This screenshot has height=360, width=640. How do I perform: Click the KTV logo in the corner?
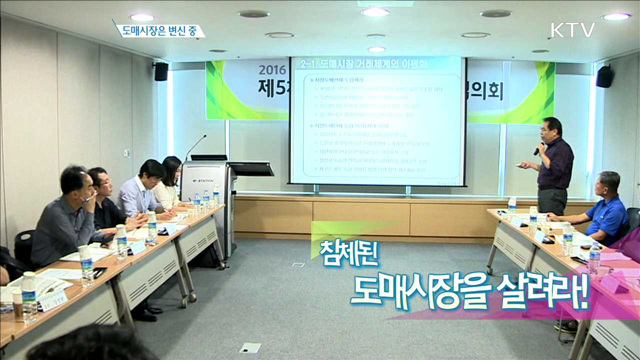[x=572, y=29]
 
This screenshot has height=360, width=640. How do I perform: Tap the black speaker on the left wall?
[x=161, y=71]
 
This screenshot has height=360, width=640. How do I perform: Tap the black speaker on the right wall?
[x=604, y=76]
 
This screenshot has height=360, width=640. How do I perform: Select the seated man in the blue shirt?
[x=603, y=210]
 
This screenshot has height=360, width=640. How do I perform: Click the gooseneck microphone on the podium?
[x=195, y=145]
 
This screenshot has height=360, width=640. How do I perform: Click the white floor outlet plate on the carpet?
[x=250, y=347]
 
